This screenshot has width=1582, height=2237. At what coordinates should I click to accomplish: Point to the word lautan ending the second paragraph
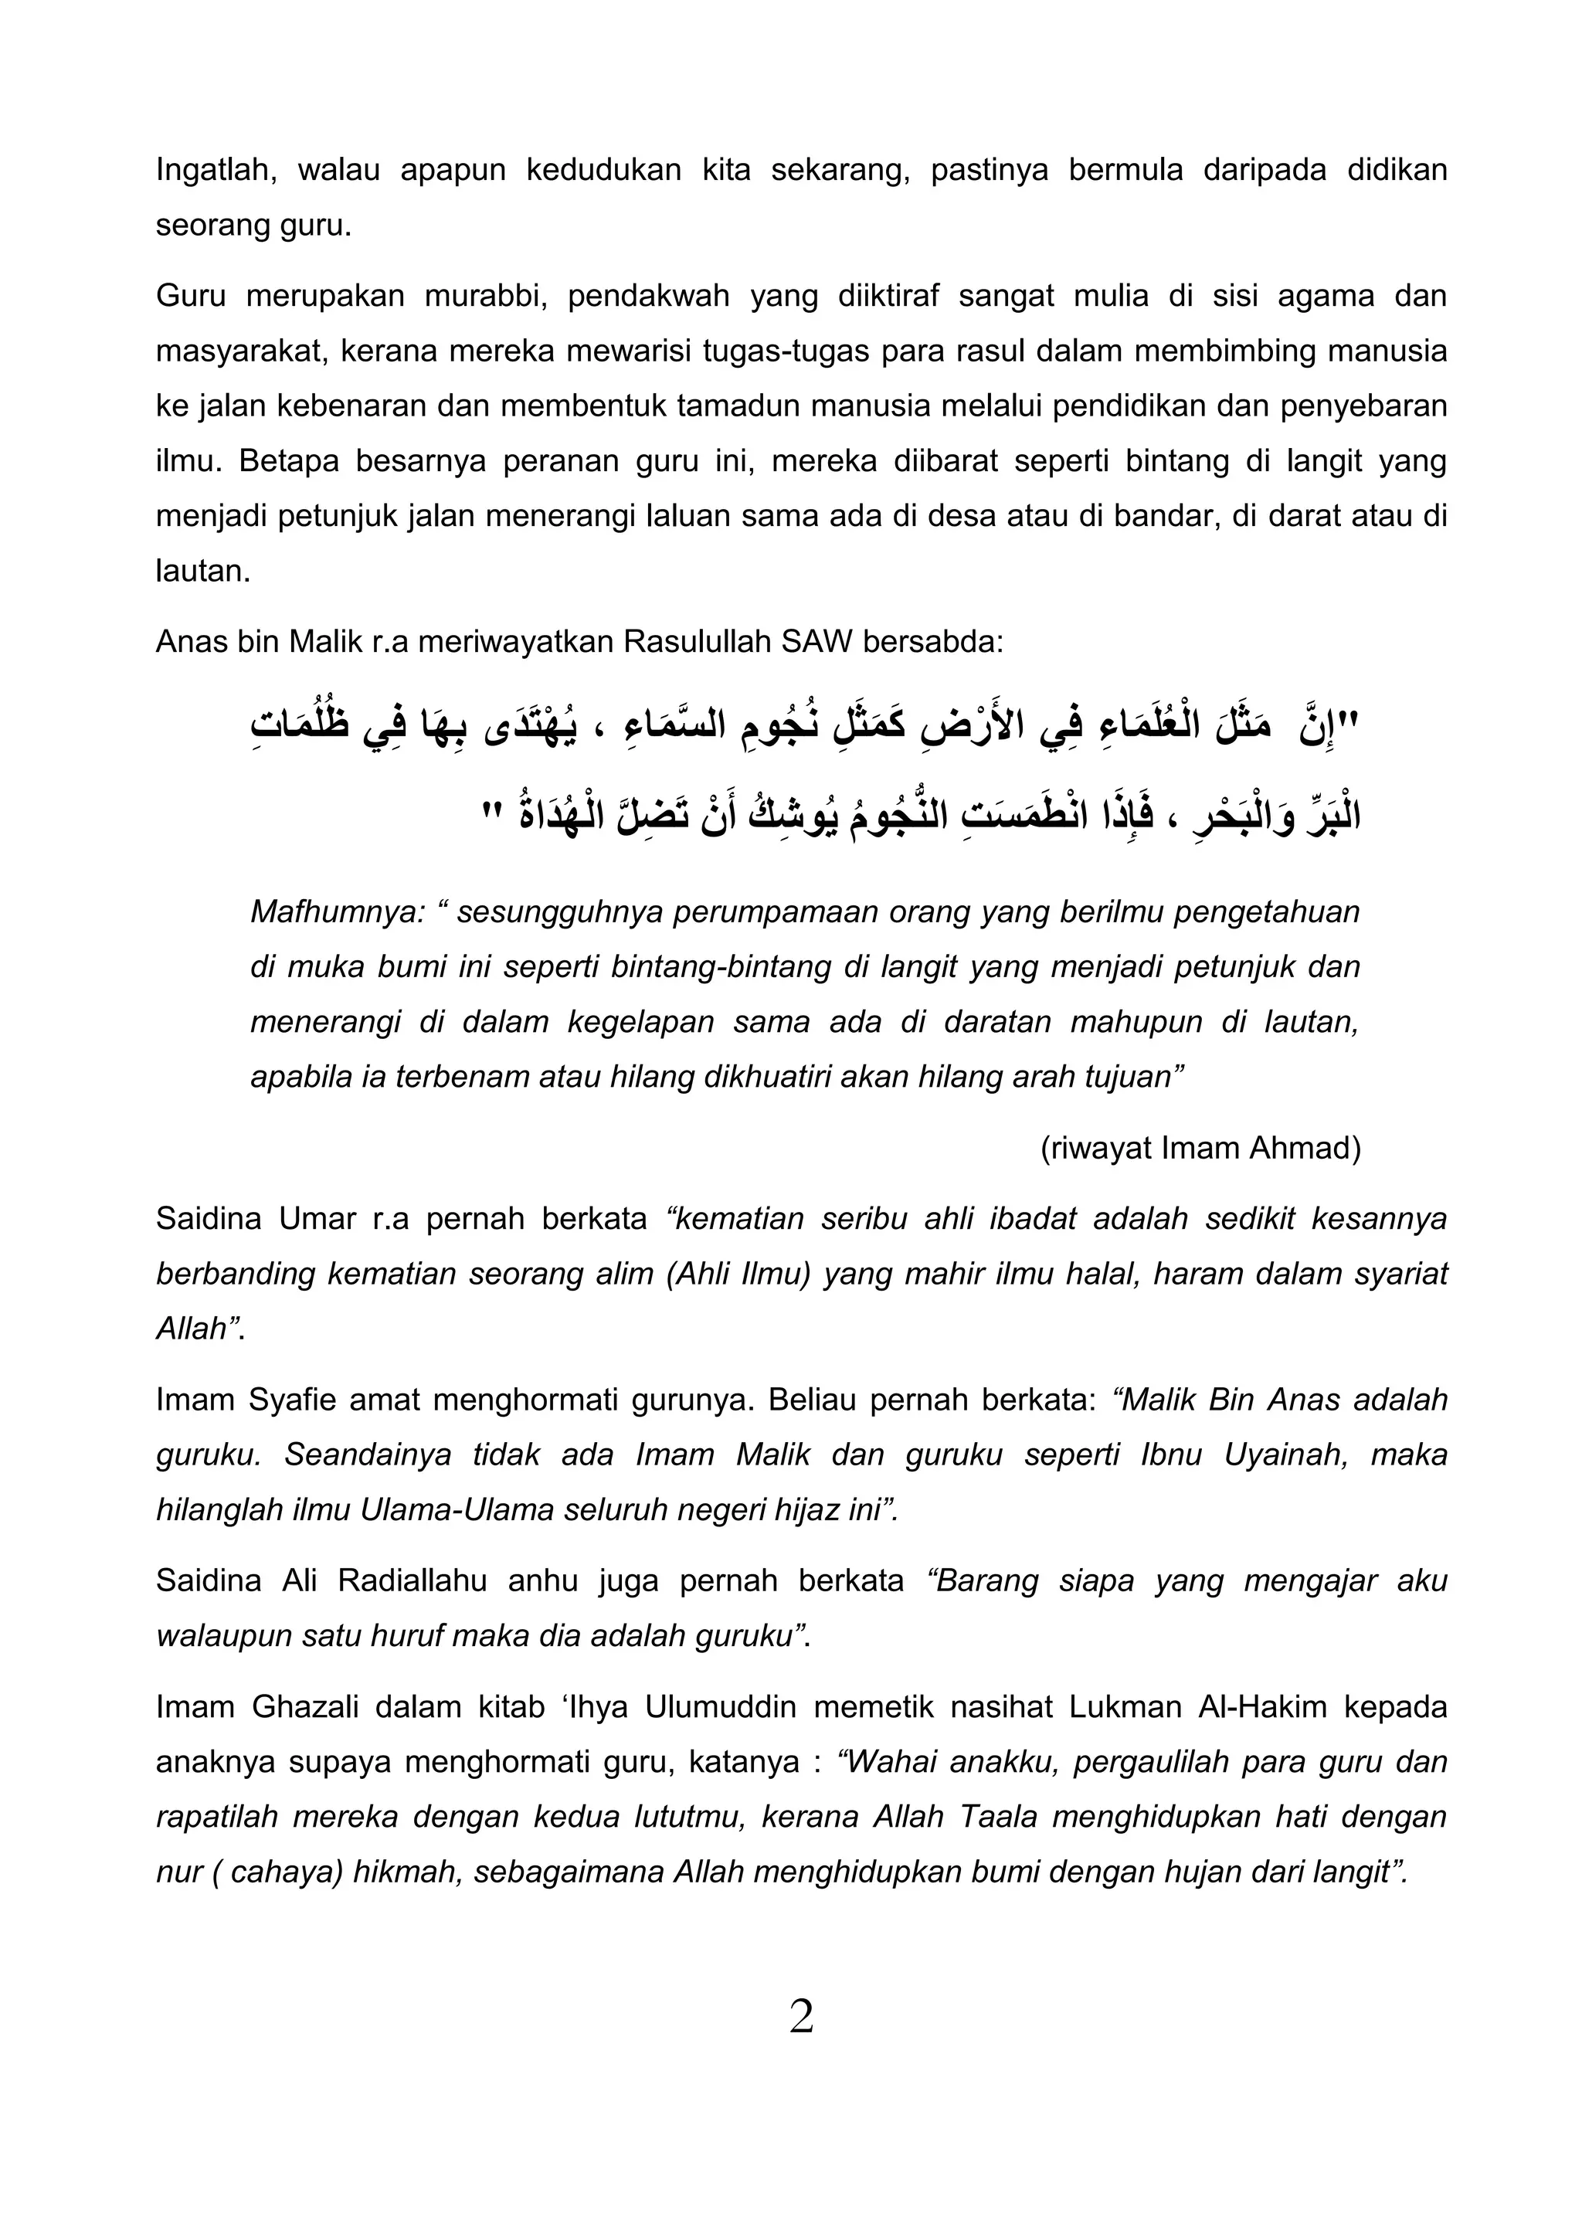tap(202, 572)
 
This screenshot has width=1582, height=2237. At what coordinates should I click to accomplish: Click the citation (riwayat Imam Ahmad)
tap(1200, 1149)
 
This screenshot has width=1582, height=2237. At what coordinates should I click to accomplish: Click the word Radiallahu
tap(412, 1580)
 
